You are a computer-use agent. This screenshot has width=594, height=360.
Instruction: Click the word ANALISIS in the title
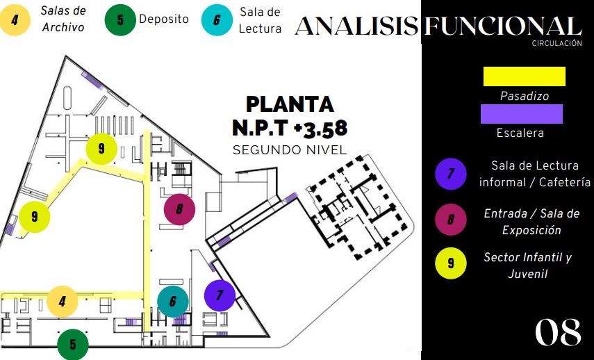tap(356, 26)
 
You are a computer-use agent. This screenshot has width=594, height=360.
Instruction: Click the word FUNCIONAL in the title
tap(502, 26)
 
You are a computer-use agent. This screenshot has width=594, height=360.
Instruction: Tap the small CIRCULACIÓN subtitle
tap(556, 43)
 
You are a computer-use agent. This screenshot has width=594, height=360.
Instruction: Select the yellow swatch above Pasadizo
tap(525, 76)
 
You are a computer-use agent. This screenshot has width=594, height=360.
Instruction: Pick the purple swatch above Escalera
tap(522, 114)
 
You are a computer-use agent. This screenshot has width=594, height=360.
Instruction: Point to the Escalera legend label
tap(520, 133)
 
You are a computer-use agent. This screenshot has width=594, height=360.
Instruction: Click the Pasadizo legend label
tap(525, 97)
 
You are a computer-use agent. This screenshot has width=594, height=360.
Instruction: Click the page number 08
tap(557, 333)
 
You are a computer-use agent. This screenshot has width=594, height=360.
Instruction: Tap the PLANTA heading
tap(290, 105)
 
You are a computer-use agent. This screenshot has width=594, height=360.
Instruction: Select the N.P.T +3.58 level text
tap(290, 128)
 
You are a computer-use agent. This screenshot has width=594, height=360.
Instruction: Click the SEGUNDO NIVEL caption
tap(290, 149)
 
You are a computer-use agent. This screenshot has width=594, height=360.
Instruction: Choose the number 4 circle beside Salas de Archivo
tap(15, 19)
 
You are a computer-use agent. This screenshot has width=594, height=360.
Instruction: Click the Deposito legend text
tap(164, 19)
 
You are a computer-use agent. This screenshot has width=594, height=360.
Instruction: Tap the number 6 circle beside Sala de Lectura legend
tap(217, 19)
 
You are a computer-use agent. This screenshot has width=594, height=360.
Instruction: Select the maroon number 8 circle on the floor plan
tap(179, 208)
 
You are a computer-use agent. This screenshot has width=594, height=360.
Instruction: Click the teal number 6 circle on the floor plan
tap(173, 301)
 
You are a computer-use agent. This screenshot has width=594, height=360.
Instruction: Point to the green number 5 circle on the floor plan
tap(73, 344)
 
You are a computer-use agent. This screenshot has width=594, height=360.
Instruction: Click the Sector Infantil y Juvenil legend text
tap(527, 265)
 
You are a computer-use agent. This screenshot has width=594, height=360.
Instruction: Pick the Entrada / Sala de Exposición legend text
tap(522, 222)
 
